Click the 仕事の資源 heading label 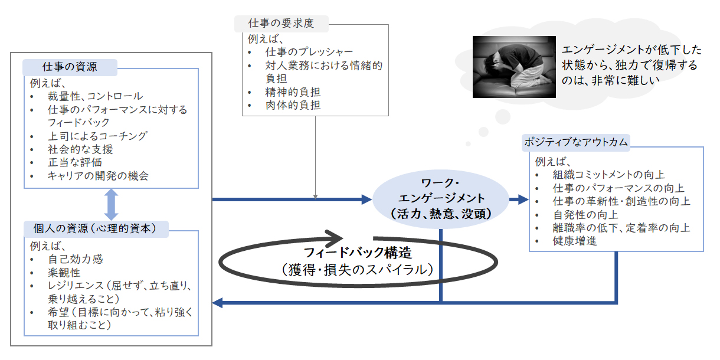tap(70, 67)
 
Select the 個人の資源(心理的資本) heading tap(96, 228)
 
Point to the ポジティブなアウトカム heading tap(575, 142)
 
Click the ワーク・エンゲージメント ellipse tap(441, 199)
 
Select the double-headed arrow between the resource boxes tap(111, 204)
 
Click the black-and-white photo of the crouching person tap(514, 67)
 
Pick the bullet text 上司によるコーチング tap(97, 136)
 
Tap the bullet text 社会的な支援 tap(80, 149)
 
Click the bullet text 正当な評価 tap(75, 162)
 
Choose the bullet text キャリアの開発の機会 tap(98, 176)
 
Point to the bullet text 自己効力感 tap(75, 259)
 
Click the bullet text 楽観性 tap(64, 273)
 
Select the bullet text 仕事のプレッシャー tap(309, 52)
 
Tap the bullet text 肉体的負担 tap(293, 105)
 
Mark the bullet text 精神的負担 tap(293, 92)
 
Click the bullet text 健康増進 tap(575, 241)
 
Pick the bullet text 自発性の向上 tap(585, 214)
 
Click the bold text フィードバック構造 tap(358, 253)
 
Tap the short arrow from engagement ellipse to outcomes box tap(519, 199)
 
